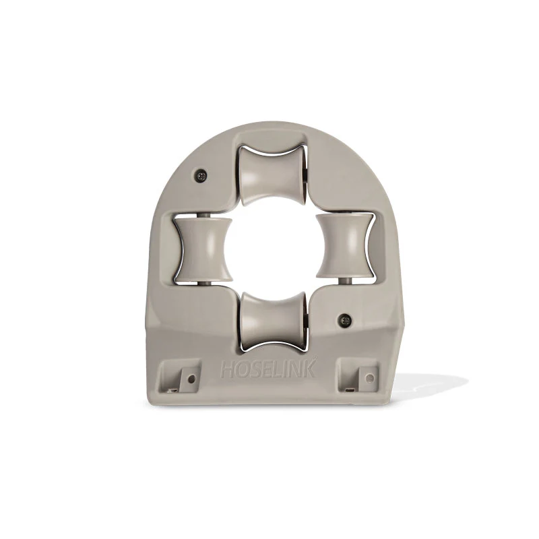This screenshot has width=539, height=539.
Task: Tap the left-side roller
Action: (x=203, y=248)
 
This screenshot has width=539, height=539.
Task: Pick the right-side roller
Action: (x=344, y=247)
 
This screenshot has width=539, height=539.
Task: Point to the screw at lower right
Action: (x=344, y=319)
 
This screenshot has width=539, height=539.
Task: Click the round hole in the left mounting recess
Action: (x=191, y=379)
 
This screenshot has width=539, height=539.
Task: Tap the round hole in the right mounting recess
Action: (x=369, y=377)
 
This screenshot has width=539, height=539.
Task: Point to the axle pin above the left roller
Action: (x=203, y=214)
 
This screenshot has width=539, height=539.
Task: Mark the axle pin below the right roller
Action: (x=344, y=280)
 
